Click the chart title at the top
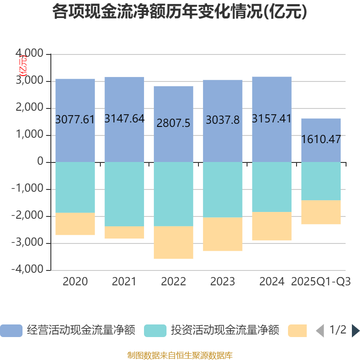180,12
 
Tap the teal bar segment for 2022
174,194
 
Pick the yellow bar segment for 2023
223,234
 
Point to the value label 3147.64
124,119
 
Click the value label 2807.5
174,123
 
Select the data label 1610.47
321,139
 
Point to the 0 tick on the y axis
40,162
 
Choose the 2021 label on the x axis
124,282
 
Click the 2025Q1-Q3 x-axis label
321,282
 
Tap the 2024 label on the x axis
272,282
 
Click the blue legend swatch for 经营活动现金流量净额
11,331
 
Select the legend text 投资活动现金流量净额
225,331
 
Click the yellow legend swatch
297,331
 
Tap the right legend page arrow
355,331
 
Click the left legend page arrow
320,331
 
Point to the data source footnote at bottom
180,355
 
